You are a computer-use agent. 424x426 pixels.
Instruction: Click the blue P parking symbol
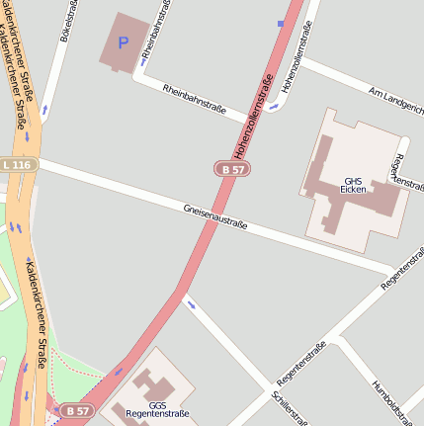124,43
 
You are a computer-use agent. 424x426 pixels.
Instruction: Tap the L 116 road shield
17,163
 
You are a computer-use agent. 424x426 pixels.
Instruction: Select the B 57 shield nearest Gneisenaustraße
232,169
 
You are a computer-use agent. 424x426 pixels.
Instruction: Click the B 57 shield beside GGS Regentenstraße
76,409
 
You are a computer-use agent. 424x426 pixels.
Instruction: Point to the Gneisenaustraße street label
214,216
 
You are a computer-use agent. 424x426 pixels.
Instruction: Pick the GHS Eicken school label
353,185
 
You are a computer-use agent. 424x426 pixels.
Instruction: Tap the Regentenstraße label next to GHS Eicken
405,170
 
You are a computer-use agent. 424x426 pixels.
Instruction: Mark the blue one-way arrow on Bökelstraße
44,110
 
